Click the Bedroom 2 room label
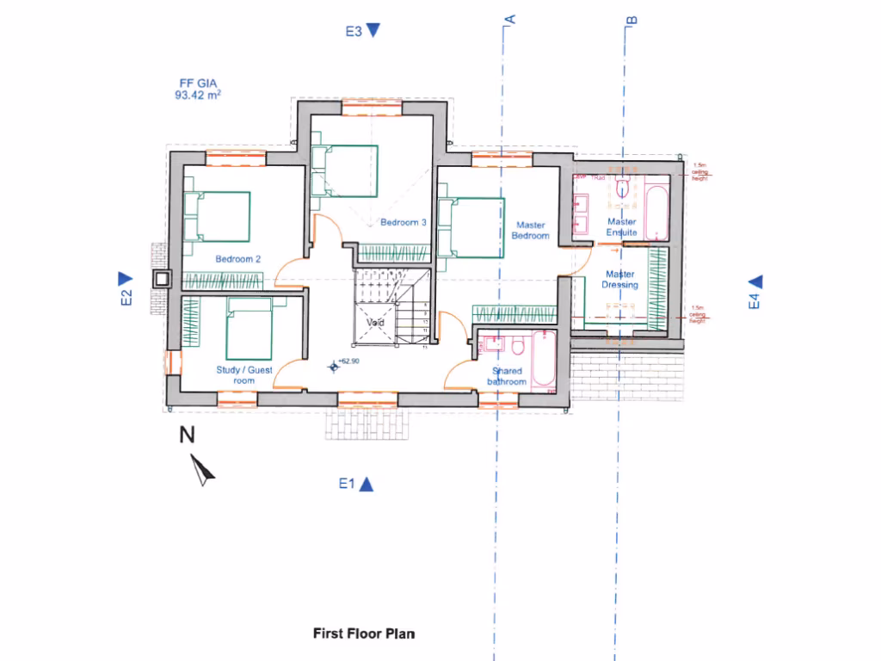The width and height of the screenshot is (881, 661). point(237,259)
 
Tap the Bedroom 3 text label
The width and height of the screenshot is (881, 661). point(404,222)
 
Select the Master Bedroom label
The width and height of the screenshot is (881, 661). point(530,231)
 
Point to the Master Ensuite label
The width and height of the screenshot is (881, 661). point(621,227)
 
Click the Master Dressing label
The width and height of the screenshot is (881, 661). point(621,280)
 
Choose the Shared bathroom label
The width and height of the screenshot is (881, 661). point(506,376)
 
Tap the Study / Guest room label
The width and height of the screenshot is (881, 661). point(243,374)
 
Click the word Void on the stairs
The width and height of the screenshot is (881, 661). point(375,323)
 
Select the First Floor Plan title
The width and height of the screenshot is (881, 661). point(363,633)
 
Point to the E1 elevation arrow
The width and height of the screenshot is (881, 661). point(366,485)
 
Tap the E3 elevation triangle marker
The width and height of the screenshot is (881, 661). point(373,31)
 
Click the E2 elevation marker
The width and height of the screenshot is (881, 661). point(125,279)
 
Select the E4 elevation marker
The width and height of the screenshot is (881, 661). point(755,281)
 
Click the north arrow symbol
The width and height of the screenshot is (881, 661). point(203,470)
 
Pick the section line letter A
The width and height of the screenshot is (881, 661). point(509,19)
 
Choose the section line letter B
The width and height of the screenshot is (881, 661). point(631,19)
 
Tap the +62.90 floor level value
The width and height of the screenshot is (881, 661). point(348,361)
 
